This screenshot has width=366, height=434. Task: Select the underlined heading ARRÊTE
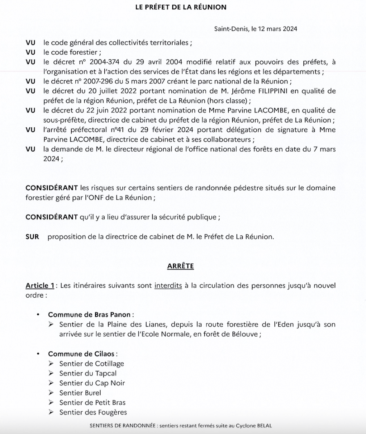tap(180, 267)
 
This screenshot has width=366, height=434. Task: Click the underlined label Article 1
tap(40, 286)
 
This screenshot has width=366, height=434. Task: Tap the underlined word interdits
tap(168, 286)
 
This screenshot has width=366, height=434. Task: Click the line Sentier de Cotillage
tap(92, 363)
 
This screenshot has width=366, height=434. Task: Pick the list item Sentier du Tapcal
tap(88, 373)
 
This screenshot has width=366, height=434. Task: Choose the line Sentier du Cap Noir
tap(92, 383)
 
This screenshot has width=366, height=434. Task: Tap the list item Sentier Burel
tap(80, 393)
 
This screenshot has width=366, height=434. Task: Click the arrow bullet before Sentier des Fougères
tap(51, 412)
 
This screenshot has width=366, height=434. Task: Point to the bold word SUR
tap(32, 237)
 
